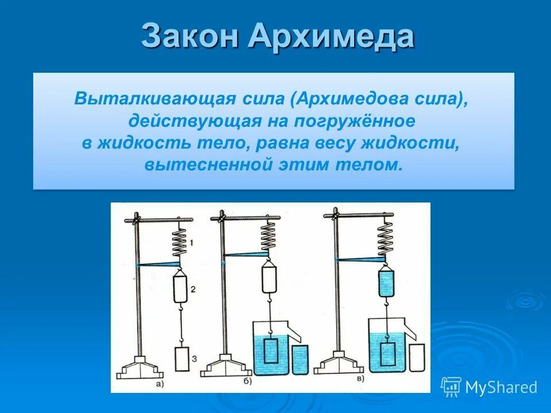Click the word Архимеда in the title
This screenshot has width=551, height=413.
click(331, 37)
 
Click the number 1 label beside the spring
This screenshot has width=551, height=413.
click(191, 244)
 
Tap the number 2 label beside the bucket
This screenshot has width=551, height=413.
click(193, 290)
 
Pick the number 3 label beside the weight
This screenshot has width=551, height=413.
click(195, 359)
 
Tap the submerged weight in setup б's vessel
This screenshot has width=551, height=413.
click(270, 352)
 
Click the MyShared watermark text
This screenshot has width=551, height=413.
click(500, 387)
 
